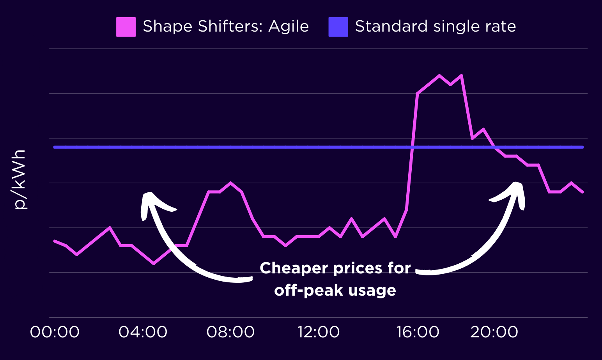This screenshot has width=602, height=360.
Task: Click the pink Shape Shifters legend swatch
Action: (126, 27)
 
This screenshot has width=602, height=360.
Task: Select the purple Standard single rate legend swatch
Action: (338, 27)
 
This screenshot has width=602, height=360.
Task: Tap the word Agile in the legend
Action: (289, 27)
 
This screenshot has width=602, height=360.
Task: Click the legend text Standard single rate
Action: (435, 27)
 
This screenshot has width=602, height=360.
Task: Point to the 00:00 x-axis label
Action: (55, 332)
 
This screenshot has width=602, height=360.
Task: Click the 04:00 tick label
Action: (143, 332)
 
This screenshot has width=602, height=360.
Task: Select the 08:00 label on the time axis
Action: (230, 332)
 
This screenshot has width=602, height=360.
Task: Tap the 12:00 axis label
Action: (319, 332)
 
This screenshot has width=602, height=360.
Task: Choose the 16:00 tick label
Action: (418, 332)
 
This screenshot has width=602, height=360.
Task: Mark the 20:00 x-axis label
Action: (494, 332)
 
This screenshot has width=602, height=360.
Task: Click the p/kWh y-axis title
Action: (19, 179)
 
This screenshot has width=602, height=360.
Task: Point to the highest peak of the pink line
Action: (439, 75)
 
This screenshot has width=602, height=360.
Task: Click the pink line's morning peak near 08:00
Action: (230, 183)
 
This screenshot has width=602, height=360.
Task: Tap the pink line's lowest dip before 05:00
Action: (154, 264)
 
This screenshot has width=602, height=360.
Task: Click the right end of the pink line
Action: (583, 192)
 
